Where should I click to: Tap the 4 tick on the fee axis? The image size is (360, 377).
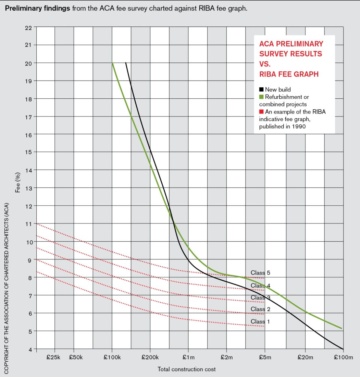(x=30, y=349)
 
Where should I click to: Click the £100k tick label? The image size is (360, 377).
(x=112, y=358)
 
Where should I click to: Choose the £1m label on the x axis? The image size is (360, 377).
(x=188, y=358)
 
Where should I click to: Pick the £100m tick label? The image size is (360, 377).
(x=343, y=358)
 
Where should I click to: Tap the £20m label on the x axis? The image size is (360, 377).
(x=305, y=358)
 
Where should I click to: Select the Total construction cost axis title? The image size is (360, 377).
(x=187, y=369)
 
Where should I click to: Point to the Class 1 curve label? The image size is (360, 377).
(x=258, y=321)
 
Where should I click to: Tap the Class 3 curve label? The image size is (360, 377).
(x=258, y=297)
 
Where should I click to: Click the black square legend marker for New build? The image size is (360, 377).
(x=261, y=90)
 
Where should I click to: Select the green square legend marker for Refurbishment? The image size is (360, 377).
(x=261, y=97)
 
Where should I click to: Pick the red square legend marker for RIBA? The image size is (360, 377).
(x=261, y=112)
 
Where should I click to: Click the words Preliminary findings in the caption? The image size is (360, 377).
(x=37, y=8)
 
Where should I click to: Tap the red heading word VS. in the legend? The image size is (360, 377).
(x=265, y=64)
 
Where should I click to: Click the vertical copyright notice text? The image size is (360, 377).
(x=6, y=288)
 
